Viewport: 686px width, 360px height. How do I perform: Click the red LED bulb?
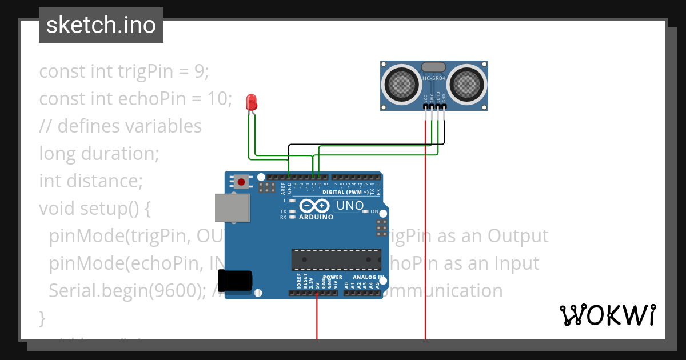pos(251,103)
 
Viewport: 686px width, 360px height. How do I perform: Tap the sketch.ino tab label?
pos(101,25)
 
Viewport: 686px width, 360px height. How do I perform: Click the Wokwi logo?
pos(607,315)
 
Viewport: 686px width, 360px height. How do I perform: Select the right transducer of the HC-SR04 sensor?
pos(467,84)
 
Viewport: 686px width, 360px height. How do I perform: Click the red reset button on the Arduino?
pos(241,182)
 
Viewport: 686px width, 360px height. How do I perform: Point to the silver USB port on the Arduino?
pos(232,207)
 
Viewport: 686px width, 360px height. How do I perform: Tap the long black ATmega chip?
pos(336,259)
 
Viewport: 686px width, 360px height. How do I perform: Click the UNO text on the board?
pos(350,206)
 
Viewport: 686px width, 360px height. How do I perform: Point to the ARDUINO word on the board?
pos(316,217)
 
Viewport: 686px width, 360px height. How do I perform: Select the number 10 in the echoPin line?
pos(218,99)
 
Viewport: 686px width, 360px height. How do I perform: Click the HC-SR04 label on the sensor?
pos(434,79)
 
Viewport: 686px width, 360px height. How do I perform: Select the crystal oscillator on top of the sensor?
pos(434,67)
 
